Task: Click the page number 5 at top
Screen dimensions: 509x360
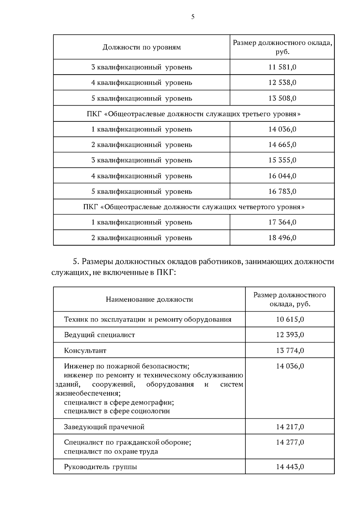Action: click(193, 17)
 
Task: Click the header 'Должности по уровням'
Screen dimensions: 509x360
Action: click(142, 47)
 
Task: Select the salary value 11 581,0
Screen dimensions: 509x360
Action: click(282, 67)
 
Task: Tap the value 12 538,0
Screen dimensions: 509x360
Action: click(282, 82)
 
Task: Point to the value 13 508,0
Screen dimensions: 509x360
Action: click(282, 98)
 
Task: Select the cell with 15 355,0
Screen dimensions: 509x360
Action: click(282, 160)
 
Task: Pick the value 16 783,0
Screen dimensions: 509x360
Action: click(282, 191)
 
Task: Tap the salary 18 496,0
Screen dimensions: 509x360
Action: click(282, 238)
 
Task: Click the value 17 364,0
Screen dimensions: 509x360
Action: click(282, 222)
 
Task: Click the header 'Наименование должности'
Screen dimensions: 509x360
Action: click(149, 299)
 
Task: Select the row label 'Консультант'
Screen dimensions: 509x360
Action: click(85, 351)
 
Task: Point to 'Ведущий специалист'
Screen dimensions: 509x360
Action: click(99, 335)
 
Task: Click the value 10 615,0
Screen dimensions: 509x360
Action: click(290, 319)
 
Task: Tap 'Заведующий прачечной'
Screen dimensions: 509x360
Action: click(104, 427)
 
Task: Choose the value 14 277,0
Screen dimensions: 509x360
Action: click(290, 442)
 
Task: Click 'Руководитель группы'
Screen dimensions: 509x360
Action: click(100, 467)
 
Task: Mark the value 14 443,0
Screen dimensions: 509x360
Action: click(290, 467)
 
